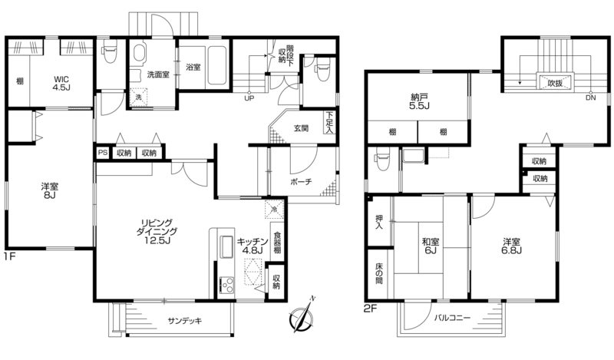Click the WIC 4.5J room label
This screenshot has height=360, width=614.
point(62,84)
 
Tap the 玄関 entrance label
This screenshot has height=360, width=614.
point(301,128)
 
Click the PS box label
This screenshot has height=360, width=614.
point(103,153)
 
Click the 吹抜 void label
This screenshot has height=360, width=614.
point(555,83)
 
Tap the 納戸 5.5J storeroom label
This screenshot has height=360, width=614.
point(419,101)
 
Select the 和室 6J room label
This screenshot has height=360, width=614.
point(431,246)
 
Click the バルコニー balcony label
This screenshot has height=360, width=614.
point(452,318)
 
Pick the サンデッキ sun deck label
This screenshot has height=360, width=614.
point(185,321)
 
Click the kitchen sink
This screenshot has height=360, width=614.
point(226,246)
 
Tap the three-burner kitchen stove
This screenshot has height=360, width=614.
point(226,285)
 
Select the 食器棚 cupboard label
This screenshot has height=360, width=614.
point(277,243)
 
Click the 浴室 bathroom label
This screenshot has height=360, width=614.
point(193,67)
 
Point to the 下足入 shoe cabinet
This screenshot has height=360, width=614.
point(330,123)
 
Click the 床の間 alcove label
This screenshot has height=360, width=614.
point(379,273)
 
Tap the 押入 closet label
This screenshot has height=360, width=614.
point(379,222)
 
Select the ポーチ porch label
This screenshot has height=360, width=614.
point(301,182)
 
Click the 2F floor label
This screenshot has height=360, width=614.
point(370,309)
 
